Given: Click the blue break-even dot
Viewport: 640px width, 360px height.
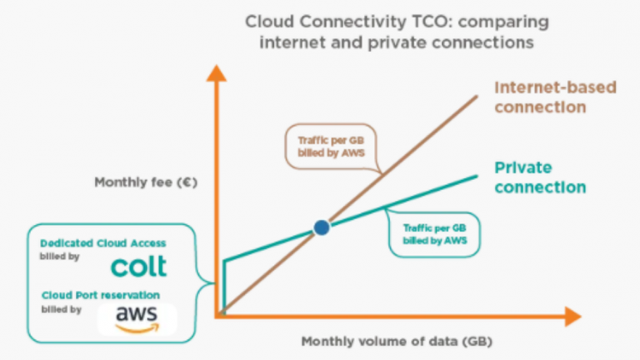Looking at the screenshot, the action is pos(322,227).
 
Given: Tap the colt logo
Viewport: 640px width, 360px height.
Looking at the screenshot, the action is pos(139,267).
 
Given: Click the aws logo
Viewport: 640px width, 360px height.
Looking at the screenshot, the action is pos(137,319).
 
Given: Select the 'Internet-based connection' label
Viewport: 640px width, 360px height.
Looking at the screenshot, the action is pos(555,97).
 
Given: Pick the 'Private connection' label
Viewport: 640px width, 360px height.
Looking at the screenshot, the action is pos(540,177).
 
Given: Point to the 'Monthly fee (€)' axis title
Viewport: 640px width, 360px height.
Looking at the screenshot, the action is pos(146,182).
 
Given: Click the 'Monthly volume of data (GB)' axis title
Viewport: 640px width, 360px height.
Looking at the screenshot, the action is pos(397,341).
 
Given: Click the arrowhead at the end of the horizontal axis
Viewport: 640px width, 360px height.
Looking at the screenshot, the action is pos(573,317).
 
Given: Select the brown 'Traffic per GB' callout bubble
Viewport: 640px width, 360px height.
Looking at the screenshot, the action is pos(331,147).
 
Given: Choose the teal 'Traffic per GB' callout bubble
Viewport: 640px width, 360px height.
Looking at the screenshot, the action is pos(434,234).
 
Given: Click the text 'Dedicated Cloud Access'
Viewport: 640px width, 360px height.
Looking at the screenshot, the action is pos(102,243).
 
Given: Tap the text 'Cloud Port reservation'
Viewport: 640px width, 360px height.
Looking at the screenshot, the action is pos(100,295).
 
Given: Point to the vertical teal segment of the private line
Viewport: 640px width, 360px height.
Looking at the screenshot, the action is pos(224,286).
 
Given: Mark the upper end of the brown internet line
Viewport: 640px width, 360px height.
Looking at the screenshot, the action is pos(477,97).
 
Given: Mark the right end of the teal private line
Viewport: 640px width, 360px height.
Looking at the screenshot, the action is pos(477,177).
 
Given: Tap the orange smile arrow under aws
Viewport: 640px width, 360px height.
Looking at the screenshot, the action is pos(137,328).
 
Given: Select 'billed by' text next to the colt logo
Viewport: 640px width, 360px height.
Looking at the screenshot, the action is pos(60,257).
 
